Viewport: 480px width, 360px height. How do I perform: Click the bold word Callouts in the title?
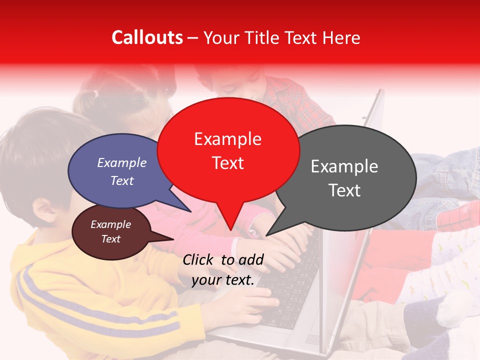pos(147,37)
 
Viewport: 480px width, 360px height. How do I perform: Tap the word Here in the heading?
pos(341,38)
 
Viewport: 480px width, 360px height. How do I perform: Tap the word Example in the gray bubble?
pos(344,166)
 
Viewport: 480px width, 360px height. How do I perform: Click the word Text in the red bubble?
pos(228,163)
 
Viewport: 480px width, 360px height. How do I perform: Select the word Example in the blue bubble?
pos(122,162)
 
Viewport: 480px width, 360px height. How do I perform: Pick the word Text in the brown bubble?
pos(111,239)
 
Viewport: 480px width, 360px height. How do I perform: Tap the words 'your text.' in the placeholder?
pos(223,280)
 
